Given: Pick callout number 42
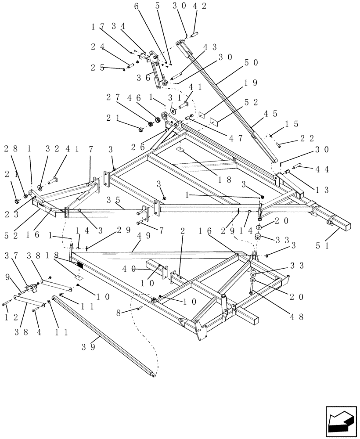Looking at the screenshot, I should [198, 6].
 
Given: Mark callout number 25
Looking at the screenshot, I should [99, 68].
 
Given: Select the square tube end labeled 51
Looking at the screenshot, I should [342, 225].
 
